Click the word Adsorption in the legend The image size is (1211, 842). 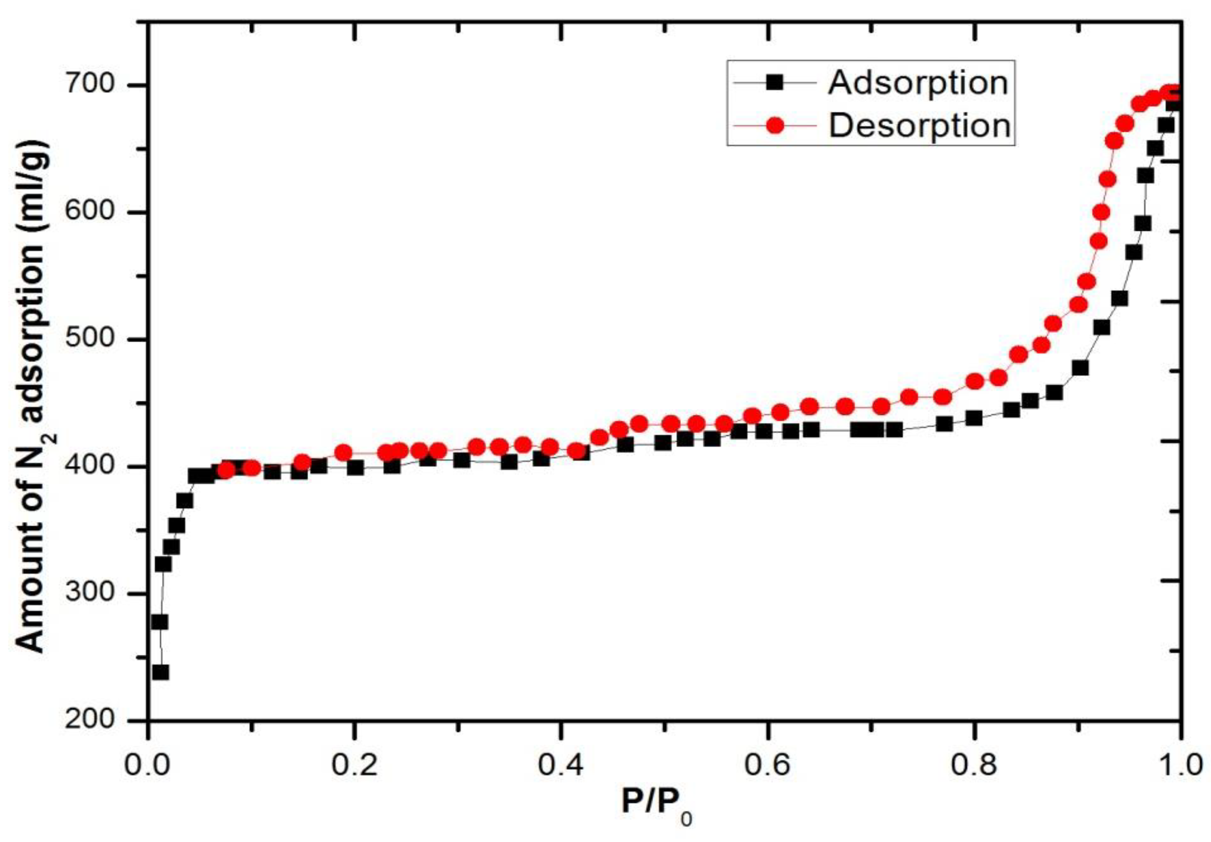pyautogui.click(x=918, y=83)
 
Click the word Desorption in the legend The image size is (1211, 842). pyautogui.click(x=920, y=126)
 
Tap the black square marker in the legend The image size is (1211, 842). pyautogui.click(x=774, y=83)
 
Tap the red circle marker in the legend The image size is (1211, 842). pyautogui.click(x=774, y=126)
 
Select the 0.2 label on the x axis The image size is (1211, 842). pyautogui.click(x=354, y=766)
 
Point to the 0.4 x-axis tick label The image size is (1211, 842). pyautogui.click(x=561, y=766)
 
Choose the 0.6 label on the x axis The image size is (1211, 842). pyautogui.click(x=767, y=766)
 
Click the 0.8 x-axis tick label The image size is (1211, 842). pyautogui.click(x=974, y=766)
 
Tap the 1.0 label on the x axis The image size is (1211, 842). pyautogui.click(x=1179, y=766)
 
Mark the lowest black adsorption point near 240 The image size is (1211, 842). pyautogui.click(x=160, y=673)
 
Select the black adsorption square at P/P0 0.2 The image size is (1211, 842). pyautogui.click(x=355, y=468)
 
